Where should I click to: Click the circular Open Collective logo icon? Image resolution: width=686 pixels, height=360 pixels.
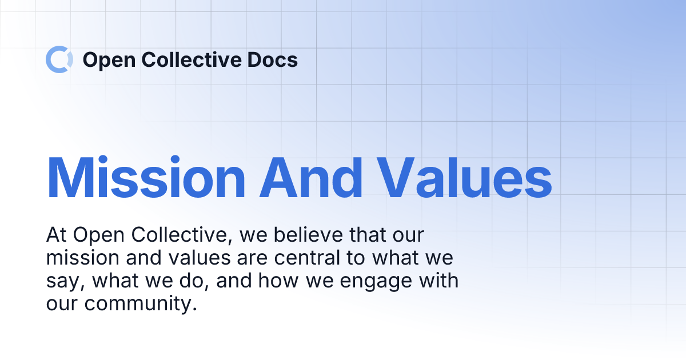click(x=59, y=59)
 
